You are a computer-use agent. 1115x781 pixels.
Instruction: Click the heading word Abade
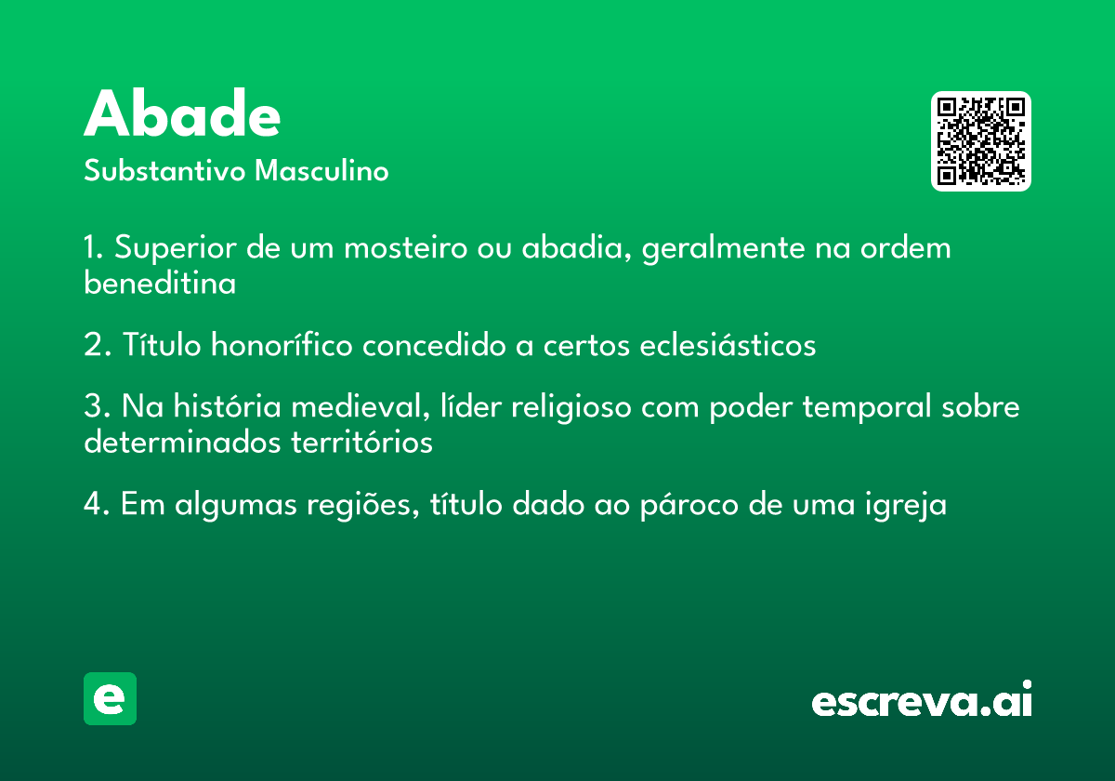[182, 113]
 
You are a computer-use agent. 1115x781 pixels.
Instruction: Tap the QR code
[980, 141]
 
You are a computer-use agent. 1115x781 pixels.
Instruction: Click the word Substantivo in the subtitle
[164, 170]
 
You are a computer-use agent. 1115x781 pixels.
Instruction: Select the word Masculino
[321, 170]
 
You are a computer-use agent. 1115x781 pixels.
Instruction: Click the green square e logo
[110, 698]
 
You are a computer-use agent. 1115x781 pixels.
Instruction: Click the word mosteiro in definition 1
[406, 247]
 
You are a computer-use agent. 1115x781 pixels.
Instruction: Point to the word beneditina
[160, 283]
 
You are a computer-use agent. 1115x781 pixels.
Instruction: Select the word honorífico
[282, 344]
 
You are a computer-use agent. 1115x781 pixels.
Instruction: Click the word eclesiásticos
[728, 344]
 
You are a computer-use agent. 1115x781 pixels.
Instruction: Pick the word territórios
[361, 442]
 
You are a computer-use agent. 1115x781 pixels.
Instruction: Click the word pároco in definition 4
[689, 505]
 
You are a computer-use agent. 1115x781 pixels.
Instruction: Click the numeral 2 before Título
[94, 344]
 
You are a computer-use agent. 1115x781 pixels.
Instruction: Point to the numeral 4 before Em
[94, 504]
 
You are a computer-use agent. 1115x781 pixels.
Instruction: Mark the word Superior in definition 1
[176, 247]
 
